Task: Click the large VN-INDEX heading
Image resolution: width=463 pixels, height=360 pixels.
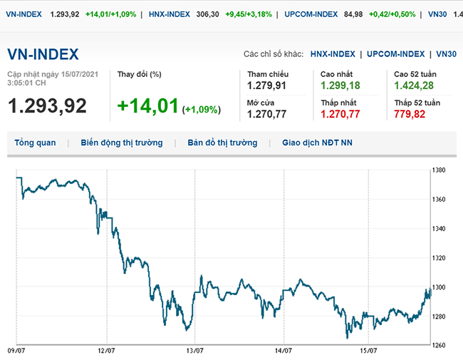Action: [43, 54]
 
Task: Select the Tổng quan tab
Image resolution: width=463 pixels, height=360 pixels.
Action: [35, 143]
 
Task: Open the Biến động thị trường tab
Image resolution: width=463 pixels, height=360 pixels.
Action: [122, 143]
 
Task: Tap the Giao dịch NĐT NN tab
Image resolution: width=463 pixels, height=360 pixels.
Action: [317, 143]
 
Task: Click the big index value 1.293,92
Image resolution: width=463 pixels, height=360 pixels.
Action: [47, 106]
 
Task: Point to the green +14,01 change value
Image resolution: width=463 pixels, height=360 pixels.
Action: [147, 106]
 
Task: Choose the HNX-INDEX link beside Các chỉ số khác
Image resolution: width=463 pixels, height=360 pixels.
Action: [333, 54]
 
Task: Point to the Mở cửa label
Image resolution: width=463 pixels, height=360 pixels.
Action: [260, 103]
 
